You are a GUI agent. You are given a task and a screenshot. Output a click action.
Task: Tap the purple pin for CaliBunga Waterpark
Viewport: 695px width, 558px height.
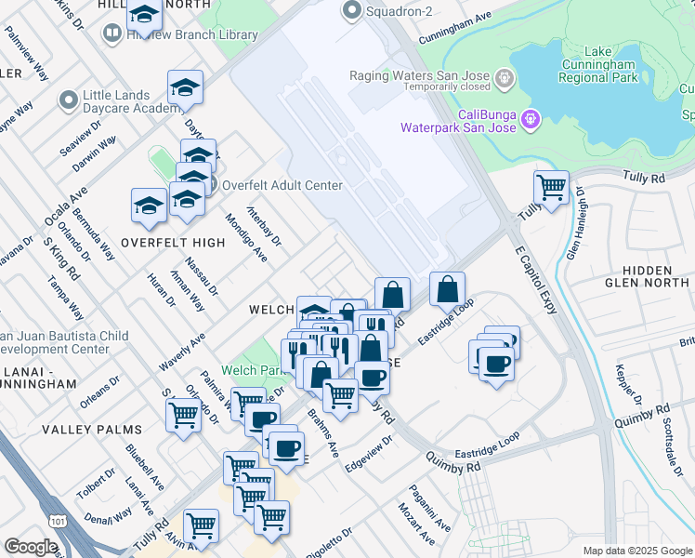(x=531, y=119)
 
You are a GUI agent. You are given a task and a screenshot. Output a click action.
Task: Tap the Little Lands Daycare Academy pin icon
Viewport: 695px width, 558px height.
(x=68, y=100)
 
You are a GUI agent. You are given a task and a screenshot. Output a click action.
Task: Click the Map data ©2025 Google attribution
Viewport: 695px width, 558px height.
(x=636, y=550)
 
